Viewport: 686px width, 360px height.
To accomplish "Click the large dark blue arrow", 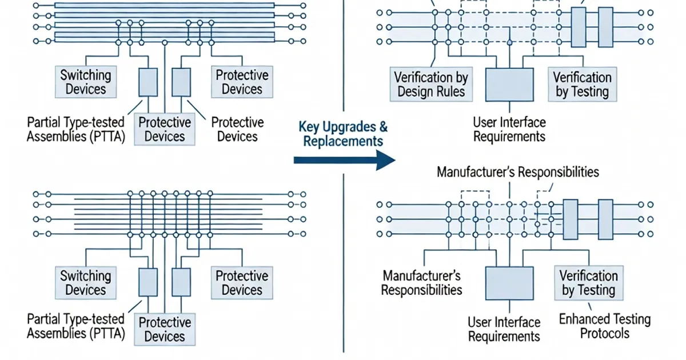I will point(343,161).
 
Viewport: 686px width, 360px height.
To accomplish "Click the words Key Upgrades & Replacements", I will point(342,133).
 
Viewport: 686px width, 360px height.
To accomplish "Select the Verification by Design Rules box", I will point(431,84).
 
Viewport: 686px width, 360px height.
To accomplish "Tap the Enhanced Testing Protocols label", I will point(604,326).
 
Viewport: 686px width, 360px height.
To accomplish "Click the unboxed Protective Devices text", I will point(237,129).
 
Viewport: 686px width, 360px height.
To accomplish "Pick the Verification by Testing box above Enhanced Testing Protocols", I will point(588,283).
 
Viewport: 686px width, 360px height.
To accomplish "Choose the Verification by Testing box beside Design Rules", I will point(582,84).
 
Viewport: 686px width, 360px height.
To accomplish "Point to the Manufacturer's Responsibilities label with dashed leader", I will point(517,171).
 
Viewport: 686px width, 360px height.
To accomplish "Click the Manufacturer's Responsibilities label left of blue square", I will point(421,282).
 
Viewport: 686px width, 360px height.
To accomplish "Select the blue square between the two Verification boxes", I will point(509,85).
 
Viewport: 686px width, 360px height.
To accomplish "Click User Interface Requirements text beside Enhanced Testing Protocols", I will point(504,329).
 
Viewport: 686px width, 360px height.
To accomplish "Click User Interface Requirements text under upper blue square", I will point(509,129).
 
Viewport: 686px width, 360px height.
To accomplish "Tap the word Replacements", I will point(343,141).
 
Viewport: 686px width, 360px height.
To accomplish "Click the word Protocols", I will point(604,333).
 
